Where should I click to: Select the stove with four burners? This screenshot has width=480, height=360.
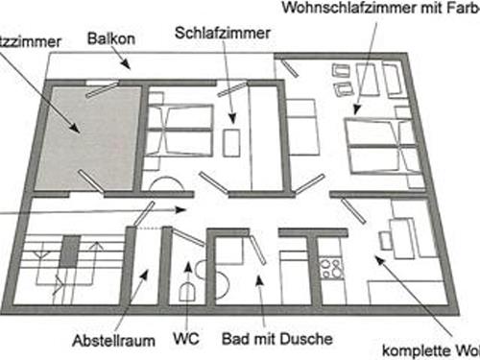click(331, 268)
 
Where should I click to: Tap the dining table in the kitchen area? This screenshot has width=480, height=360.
click(400, 237)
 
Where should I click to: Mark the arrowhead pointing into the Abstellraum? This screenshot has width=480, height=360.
click(144, 275)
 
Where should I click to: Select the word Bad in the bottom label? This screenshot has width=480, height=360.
click(233, 339)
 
